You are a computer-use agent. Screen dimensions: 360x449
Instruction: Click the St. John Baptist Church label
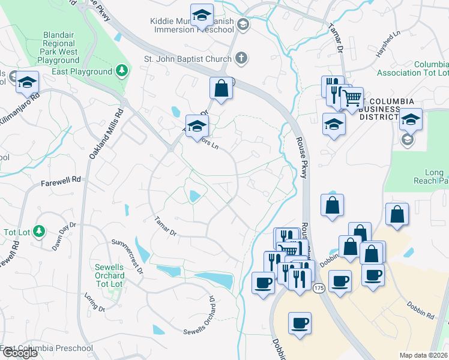(187, 59)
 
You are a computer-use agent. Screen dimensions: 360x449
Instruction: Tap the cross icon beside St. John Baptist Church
(241, 58)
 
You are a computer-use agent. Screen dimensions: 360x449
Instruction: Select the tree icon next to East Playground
(122, 71)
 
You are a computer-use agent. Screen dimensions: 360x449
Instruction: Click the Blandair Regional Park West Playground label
(58, 47)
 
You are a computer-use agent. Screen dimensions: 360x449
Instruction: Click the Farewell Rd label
(61, 180)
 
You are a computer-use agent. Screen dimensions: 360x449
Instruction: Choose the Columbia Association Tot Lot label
(412, 68)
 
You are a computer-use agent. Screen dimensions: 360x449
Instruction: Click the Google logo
(20, 353)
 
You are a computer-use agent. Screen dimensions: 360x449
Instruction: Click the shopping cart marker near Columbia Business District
(352, 98)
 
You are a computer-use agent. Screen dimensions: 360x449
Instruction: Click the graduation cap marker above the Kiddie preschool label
(202, 15)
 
